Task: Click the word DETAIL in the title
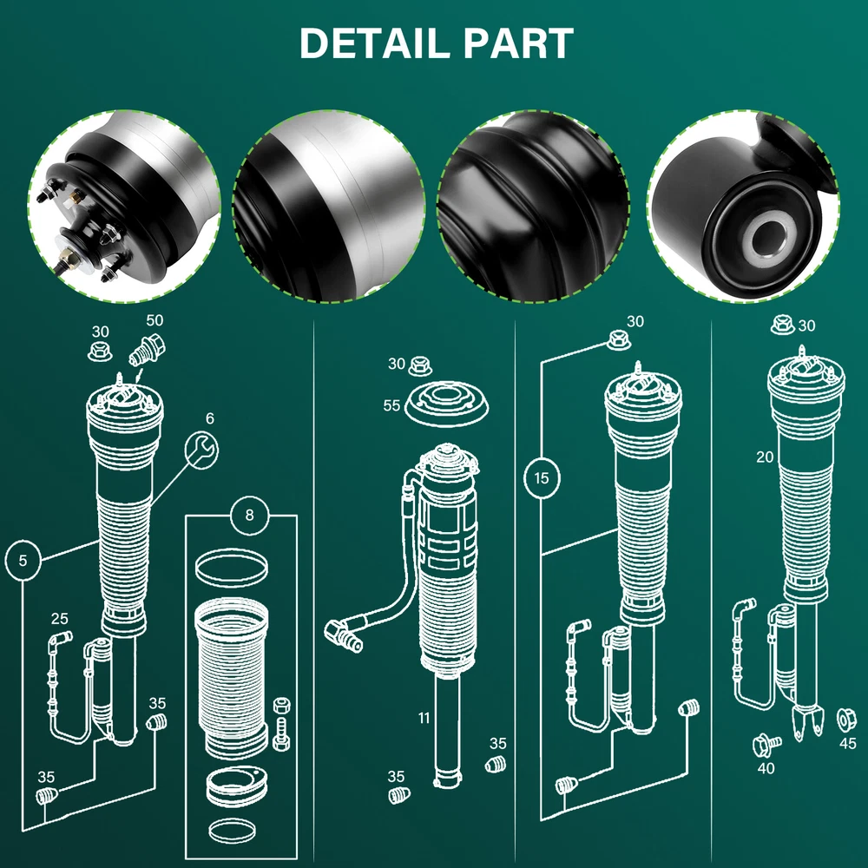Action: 372,43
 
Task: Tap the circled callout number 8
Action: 250,516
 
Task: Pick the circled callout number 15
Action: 542,477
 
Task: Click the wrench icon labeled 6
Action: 203,450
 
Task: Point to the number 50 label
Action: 155,321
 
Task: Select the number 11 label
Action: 424,718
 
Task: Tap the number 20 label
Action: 764,457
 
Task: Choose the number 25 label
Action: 59,619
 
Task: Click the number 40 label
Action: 765,768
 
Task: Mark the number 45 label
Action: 848,743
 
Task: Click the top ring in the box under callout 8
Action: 230,570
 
